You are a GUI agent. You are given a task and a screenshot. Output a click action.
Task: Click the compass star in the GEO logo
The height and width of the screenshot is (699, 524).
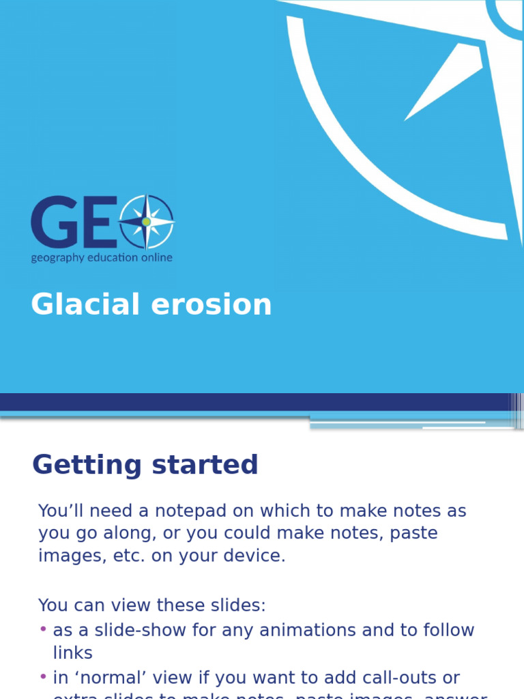(146, 222)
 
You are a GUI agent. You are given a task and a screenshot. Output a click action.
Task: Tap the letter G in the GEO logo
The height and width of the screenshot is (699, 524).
(53, 222)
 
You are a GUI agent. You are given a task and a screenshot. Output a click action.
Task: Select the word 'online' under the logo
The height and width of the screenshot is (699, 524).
(156, 257)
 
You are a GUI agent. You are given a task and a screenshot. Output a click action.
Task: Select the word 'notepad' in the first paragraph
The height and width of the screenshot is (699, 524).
(156, 511)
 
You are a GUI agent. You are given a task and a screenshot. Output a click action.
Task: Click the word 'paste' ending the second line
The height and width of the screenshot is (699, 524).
(414, 533)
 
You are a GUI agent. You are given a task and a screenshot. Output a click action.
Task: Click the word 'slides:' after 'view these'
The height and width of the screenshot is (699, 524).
(238, 605)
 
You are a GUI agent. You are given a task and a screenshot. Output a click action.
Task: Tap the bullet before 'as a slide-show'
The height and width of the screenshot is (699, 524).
(44, 629)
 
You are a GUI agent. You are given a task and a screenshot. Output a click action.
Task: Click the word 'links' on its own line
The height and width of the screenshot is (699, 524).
(72, 653)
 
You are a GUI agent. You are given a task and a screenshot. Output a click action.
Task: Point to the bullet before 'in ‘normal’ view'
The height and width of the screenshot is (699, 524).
(44, 676)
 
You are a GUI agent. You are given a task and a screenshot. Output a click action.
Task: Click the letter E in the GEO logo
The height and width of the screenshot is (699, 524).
(97, 222)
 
